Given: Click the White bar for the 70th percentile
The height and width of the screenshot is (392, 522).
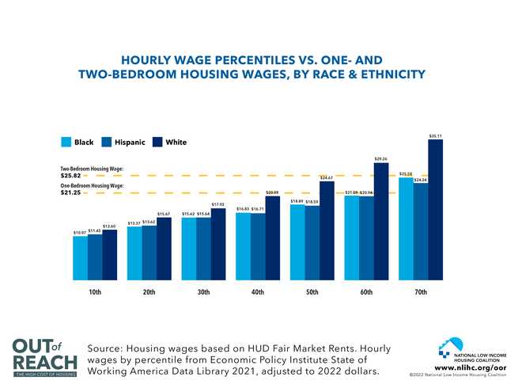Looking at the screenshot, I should coord(435,210).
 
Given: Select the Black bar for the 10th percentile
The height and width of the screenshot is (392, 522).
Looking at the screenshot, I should coord(80,258).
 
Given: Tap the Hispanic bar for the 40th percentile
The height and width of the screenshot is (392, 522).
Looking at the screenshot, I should coord(258,246).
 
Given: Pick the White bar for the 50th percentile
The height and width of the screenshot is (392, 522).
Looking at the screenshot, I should coord(327,230).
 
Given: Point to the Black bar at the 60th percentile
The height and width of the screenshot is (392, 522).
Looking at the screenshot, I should coord(352,238).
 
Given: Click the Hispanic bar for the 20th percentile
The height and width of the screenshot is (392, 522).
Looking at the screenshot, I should coord(149,253).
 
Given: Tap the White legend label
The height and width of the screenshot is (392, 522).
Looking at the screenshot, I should coord(176,143).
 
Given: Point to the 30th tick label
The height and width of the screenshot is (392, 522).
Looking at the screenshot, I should coord(203,293).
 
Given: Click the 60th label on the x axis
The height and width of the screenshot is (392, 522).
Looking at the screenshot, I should coord(366,293).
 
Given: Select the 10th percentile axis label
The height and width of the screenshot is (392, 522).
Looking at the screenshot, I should coord(95,293).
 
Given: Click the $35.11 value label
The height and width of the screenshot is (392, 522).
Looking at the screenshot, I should coord(435,135).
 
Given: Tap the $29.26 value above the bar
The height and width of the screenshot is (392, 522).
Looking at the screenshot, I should coord(381,159).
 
